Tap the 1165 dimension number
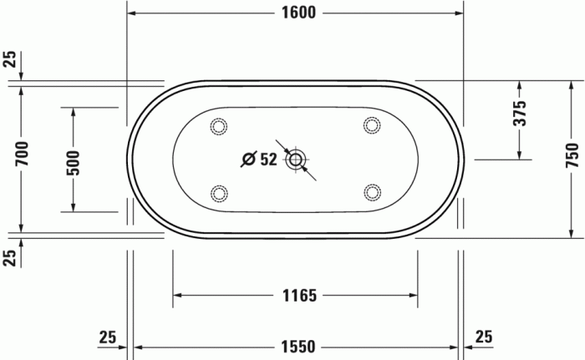click(x=298, y=295)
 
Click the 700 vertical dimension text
click(x=23, y=154)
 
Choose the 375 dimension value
click(x=519, y=113)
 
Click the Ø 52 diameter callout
click(x=259, y=159)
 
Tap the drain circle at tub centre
click(x=296, y=160)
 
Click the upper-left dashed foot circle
click(x=219, y=126)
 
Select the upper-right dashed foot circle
click(x=372, y=126)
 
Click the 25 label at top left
click(x=9, y=58)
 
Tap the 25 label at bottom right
click(x=483, y=337)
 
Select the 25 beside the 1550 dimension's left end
click(x=106, y=337)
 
